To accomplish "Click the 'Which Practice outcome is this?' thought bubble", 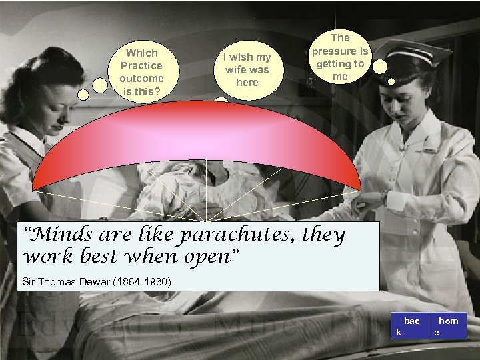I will pos(141,71).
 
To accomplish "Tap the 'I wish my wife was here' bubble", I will pos(247,70).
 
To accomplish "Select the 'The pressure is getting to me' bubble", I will pos(340,57).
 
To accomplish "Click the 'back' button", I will pos(407,326).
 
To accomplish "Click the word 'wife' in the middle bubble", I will pos(237,70).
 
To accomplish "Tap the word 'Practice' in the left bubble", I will pos(141,65).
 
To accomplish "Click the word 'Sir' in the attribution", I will pos(29,282).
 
